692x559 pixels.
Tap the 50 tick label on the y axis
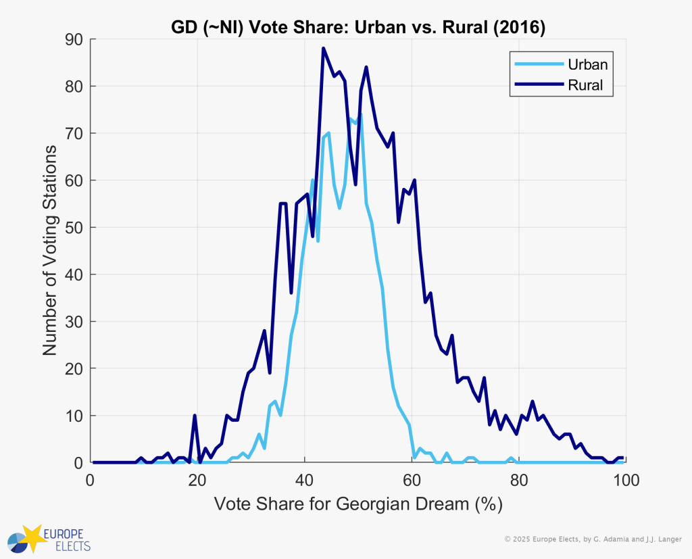pyautogui.click(x=75, y=228)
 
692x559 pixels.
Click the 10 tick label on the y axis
pyautogui.click(x=75, y=416)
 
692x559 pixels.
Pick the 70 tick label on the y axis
pyautogui.click(x=75, y=134)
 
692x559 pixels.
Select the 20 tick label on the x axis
pyautogui.click(x=198, y=481)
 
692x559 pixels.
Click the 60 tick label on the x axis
pyautogui.click(x=412, y=481)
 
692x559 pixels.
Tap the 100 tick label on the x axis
pyautogui.click(x=625, y=481)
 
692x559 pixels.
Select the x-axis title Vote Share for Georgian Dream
pyautogui.click(x=358, y=505)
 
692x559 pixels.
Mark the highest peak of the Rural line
pyautogui.click(x=324, y=49)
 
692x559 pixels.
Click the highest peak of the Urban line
pyautogui.click(x=360, y=115)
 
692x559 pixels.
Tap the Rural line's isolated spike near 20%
pyautogui.click(x=195, y=416)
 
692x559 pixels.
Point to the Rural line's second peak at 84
pyautogui.click(x=366, y=68)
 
